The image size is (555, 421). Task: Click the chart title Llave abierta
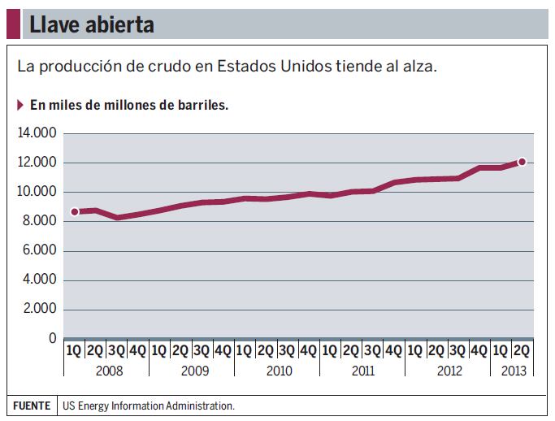pos(91,25)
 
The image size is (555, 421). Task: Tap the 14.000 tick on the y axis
pos(37,133)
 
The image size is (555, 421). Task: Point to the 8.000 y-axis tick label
pos(39,221)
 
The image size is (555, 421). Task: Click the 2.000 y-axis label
pos(39,309)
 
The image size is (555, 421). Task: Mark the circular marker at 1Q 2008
pos(75,211)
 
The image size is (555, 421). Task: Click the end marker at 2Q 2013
pos(522,162)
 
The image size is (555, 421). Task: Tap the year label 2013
pos(514,371)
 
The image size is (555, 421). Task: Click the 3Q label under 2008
pos(117,351)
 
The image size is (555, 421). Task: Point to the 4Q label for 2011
pos(393,351)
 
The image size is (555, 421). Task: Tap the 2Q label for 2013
pos(522,351)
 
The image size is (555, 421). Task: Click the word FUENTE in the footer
pos(30,405)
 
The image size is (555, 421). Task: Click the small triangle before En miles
pos(20,105)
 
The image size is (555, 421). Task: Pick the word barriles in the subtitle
pos(200,105)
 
